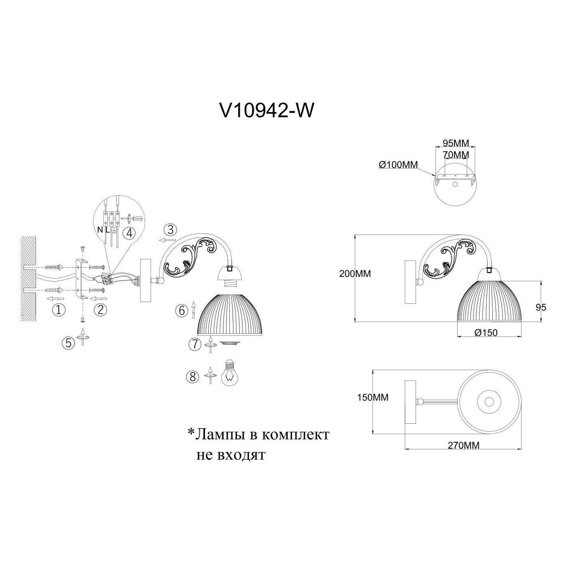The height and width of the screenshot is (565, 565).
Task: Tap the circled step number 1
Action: (58, 310)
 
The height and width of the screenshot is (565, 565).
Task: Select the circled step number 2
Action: (100, 310)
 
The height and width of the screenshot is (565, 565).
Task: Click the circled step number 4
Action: (130, 234)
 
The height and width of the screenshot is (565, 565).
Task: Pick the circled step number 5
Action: (68, 343)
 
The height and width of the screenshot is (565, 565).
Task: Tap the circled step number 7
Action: (195, 344)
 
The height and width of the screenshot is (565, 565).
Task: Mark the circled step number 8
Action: (193, 377)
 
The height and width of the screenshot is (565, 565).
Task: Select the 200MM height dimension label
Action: (355, 274)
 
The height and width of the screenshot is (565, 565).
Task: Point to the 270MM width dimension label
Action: (464, 454)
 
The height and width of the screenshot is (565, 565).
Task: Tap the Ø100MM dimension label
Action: (398, 165)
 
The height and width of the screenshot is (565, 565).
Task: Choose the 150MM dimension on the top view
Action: (372, 398)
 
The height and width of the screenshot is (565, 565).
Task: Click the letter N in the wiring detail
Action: (100, 230)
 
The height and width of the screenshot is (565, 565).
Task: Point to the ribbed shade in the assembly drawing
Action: (231, 315)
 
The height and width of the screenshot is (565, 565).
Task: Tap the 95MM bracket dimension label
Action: (455, 143)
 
